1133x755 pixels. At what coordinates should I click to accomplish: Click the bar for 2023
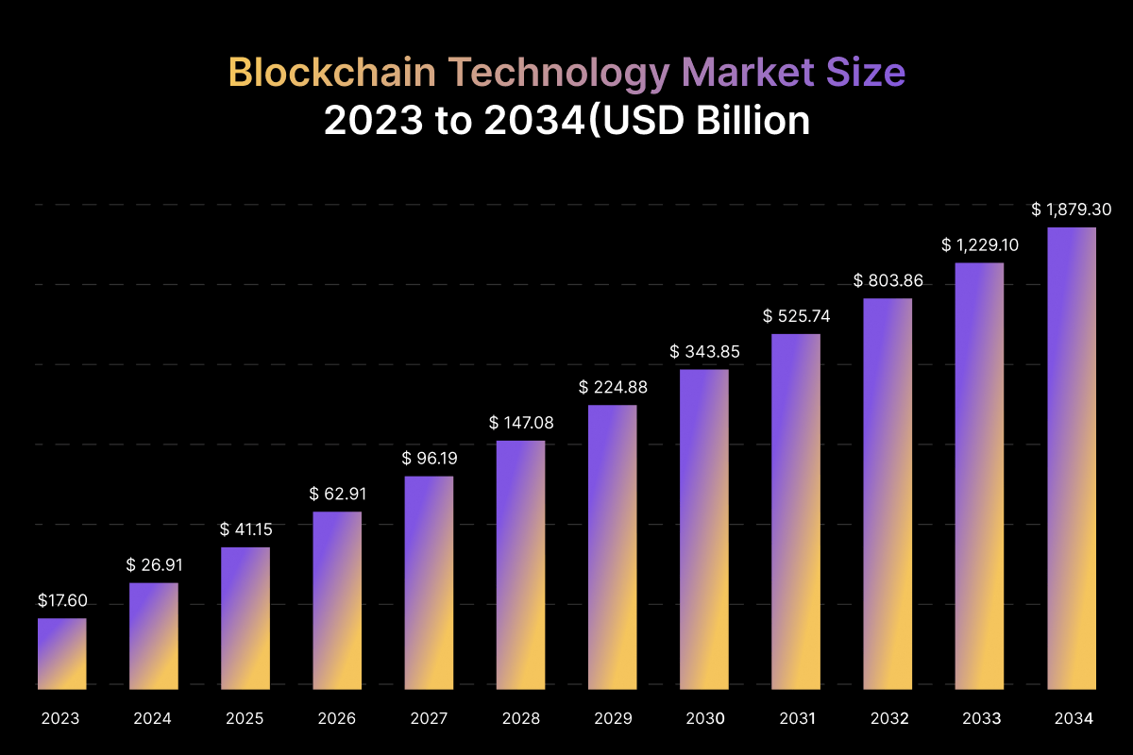62,653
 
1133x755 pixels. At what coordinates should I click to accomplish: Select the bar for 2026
337,599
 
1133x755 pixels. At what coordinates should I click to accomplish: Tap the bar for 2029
613,546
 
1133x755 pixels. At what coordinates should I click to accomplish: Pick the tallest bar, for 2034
1073,458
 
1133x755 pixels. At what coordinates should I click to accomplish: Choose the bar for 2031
796,511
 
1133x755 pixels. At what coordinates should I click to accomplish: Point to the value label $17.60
62,600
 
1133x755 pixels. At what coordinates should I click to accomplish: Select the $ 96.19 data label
429,459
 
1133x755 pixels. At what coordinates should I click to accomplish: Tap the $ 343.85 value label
704,352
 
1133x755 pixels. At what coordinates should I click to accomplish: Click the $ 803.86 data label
888,280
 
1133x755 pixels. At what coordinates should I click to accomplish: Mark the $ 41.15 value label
245,529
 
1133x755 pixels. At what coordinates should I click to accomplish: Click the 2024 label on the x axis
153,719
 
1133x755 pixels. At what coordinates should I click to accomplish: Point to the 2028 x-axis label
520,719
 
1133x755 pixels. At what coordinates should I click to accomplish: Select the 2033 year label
981,719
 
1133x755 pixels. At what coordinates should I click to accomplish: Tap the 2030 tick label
704,719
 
